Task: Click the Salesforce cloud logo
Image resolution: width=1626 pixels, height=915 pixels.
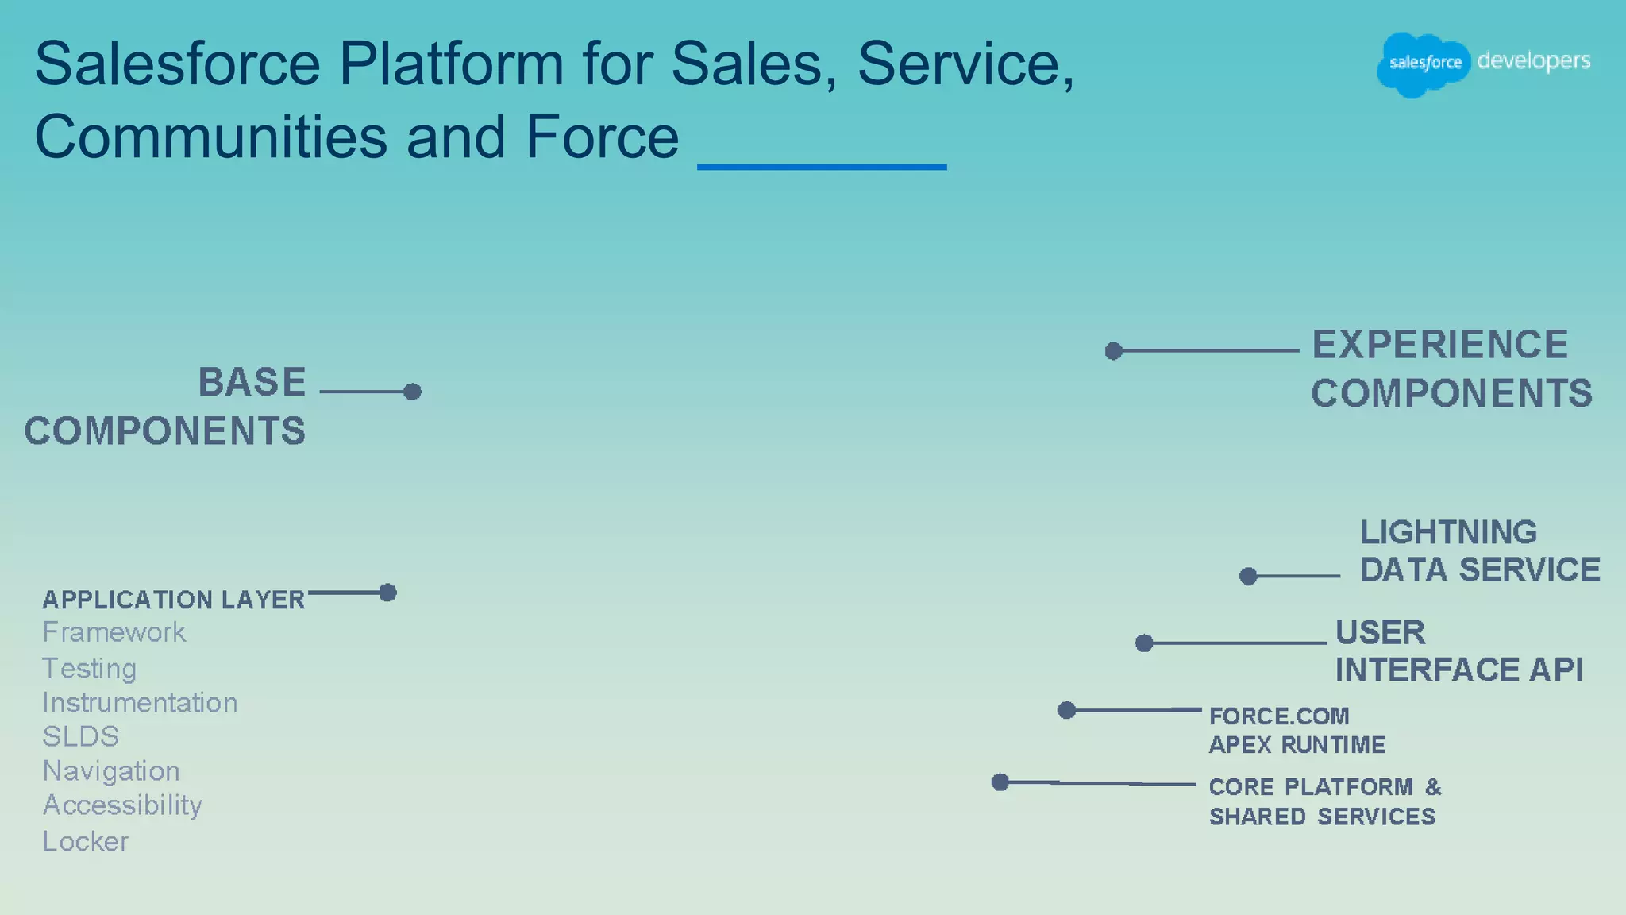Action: [x=1424, y=64]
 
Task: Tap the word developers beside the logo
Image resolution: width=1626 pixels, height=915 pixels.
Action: [x=1533, y=61]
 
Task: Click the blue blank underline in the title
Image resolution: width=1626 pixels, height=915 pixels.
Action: [x=822, y=167]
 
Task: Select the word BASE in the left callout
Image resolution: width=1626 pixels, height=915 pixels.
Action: [x=252, y=382]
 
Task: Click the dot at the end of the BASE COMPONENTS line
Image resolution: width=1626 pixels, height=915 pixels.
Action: [x=412, y=392]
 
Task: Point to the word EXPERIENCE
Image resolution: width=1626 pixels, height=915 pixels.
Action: [x=1439, y=345]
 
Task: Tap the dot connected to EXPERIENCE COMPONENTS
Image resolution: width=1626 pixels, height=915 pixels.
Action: [x=1114, y=351]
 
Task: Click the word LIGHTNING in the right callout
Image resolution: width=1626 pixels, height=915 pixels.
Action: [x=1448, y=532]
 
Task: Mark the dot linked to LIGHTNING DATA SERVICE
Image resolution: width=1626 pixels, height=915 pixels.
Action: [x=1248, y=576]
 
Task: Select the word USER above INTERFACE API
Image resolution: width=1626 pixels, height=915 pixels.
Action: [x=1380, y=633]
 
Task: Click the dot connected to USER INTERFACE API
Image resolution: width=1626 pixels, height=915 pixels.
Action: [x=1144, y=643]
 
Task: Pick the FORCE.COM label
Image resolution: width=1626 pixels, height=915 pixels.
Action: [x=1278, y=716]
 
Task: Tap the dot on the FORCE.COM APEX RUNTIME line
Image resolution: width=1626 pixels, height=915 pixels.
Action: [x=1067, y=710]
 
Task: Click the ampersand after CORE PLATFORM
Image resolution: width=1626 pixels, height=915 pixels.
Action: [x=1432, y=787]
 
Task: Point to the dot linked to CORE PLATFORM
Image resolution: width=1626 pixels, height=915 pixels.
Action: [x=1000, y=782]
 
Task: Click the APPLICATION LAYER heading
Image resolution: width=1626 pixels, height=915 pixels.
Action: [x=173, y=600]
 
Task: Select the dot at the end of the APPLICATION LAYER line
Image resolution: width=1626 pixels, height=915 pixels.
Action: [x=387, y=593]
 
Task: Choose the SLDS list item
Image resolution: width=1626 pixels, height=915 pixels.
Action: [x=80, y=737]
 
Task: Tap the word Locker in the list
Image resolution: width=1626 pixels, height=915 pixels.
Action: [x=85, y=841]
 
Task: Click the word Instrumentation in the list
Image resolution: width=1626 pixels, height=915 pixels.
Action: [x=140, y=703]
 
